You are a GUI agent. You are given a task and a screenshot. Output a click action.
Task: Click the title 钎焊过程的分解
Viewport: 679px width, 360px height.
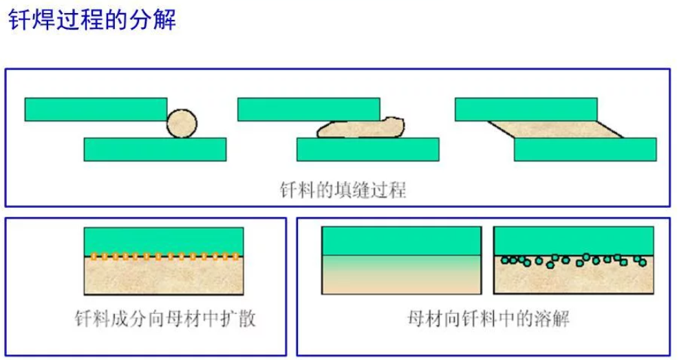(x=92, y=20)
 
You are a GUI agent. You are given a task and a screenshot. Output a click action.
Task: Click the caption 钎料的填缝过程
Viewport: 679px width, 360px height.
(x=343, y=190)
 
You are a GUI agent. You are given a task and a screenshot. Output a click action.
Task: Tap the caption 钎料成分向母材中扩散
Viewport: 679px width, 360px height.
(x=165, y=319)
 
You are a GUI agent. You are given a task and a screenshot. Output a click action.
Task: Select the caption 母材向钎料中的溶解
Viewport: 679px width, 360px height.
(x=488, y=319)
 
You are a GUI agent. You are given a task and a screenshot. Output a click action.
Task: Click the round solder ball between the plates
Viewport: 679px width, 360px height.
(x=182, y=123)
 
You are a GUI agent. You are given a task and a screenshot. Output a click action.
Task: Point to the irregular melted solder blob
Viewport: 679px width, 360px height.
(x=360, y=128)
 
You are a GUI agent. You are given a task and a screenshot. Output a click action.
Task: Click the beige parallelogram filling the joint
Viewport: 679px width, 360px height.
(x=556, y=129)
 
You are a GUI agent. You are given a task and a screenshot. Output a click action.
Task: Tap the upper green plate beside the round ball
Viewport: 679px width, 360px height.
(x=96, y=109)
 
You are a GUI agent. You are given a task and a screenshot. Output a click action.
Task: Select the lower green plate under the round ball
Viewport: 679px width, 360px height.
(x=155, y=149)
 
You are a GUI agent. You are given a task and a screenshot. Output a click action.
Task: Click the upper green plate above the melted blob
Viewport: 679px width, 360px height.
(x=309, y=109)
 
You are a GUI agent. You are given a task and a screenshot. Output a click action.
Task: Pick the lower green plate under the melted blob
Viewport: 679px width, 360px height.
(x=368, y=149)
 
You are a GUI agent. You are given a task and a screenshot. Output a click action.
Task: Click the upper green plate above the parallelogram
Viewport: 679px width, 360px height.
(x=526, y=109)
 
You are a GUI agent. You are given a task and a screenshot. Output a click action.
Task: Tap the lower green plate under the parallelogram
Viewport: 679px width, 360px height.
(x=585, y=149)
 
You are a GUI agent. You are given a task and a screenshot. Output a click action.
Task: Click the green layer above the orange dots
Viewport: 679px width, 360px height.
(x=164, y=241)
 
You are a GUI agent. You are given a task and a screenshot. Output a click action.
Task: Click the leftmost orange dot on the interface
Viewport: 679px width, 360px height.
(x=93, y=257)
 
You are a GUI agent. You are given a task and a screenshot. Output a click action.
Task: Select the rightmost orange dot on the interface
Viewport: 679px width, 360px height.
(x=235, y=257)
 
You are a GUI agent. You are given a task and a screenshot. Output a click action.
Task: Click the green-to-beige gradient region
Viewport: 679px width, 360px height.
(x=402, y=274)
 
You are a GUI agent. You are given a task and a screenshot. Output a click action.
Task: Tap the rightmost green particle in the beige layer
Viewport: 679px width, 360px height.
(x=643, y=262)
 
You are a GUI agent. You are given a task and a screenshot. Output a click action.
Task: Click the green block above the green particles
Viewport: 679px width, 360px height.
(x=574, y=241)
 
